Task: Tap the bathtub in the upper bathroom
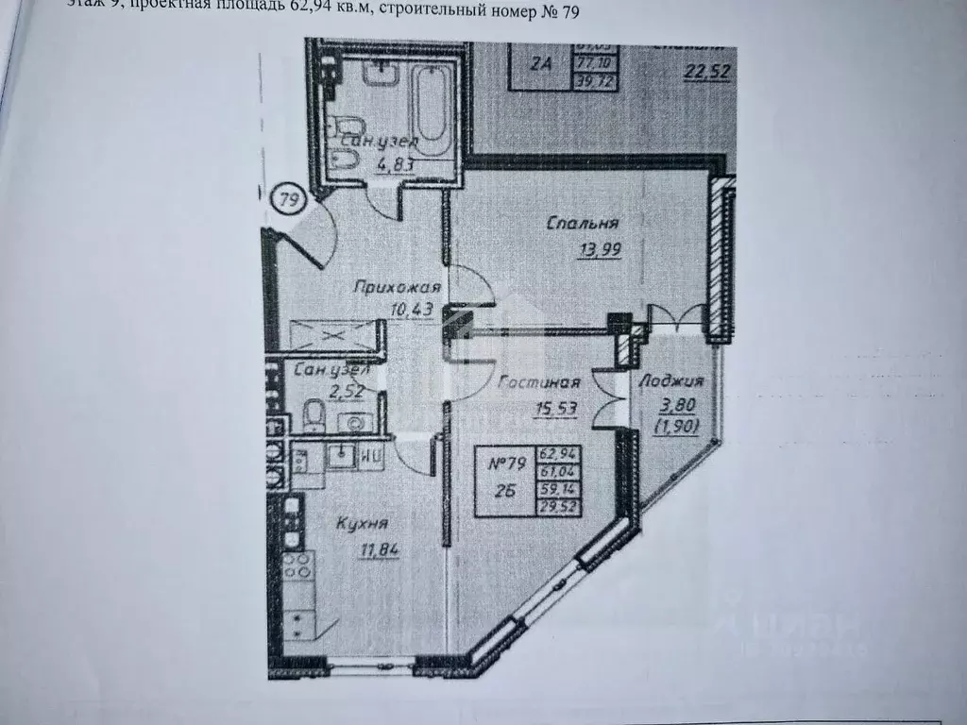tap(433, 111)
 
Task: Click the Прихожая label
tap(385, 288)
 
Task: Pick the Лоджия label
tap(671, 381)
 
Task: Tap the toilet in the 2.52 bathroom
tap(314, 413)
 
